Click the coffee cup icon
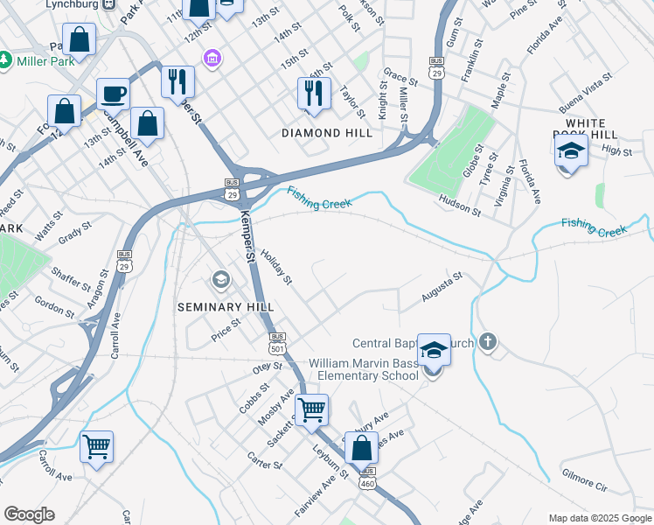114,94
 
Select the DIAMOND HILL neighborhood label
327,133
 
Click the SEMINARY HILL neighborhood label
226,307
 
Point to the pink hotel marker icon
211,59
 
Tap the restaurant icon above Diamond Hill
315,92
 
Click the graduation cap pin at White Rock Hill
571,150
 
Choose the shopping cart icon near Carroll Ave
96,446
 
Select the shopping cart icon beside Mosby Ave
311,409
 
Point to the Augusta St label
442,288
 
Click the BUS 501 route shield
277,341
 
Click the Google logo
29,514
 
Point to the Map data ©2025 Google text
599,518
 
